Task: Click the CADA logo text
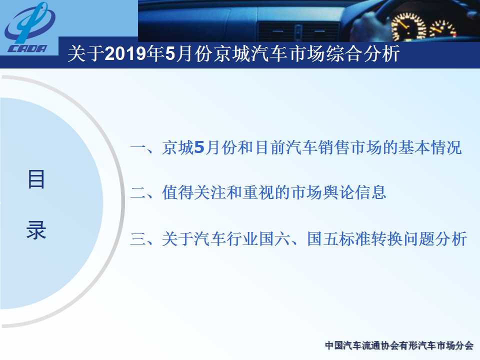(28, 48)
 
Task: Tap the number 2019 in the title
(125, 53)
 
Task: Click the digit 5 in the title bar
(170, 53)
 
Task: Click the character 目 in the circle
(36, 179)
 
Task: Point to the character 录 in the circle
(36, 229)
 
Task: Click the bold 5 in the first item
(199, 147)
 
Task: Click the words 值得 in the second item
(178, 193)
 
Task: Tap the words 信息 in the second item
(370, 193)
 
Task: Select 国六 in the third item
(274, 239)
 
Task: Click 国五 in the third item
(322, 239)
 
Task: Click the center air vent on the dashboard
(298, 31)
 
